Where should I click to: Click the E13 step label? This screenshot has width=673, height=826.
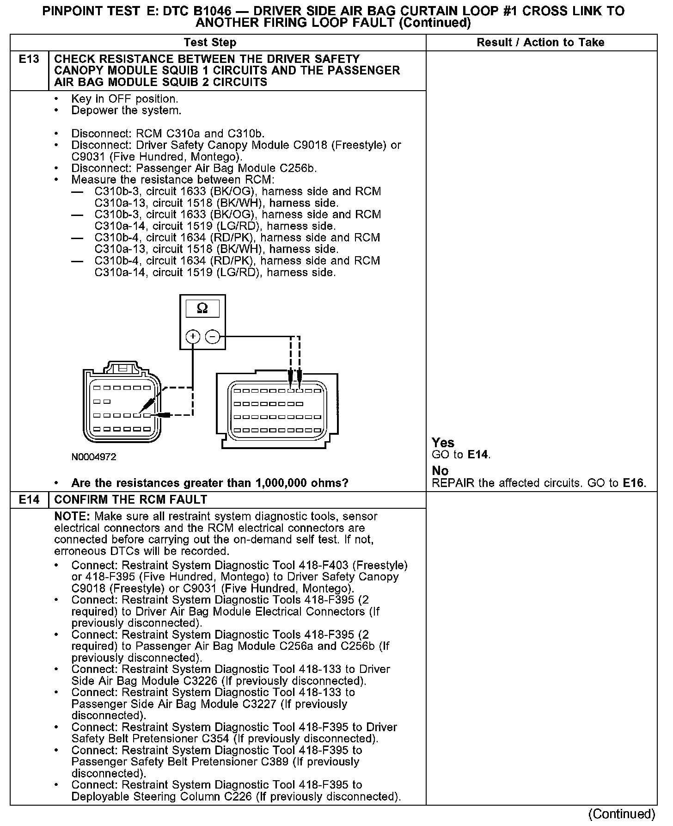[29, 59]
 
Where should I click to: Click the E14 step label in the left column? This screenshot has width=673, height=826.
[29, 500]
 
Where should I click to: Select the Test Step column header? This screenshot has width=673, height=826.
[210, 43]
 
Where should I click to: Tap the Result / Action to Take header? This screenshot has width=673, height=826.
[540, 43]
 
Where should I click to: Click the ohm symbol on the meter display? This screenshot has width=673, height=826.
[202, 308]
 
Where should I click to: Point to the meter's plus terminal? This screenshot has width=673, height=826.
[192, 337]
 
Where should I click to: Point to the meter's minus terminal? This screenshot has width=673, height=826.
[212, 337]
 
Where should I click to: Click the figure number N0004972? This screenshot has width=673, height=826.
[94, 457]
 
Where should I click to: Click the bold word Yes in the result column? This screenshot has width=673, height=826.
[443, 443]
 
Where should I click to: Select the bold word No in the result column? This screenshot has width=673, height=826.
[440, 471]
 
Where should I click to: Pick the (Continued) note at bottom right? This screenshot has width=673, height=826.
[622, 814]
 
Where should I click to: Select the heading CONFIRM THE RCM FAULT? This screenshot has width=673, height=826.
[131, 500]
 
